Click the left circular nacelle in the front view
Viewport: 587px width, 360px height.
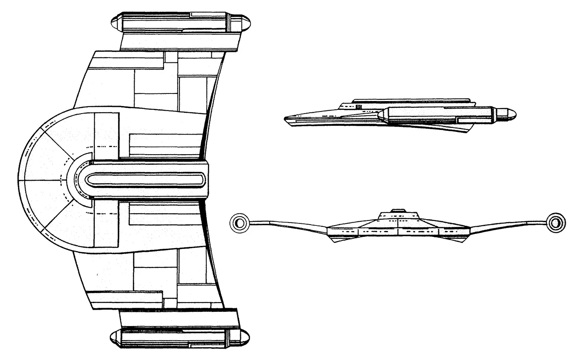point(239,223)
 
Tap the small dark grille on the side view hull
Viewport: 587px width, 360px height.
point(358,107)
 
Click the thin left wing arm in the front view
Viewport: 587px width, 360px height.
point(289,225)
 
